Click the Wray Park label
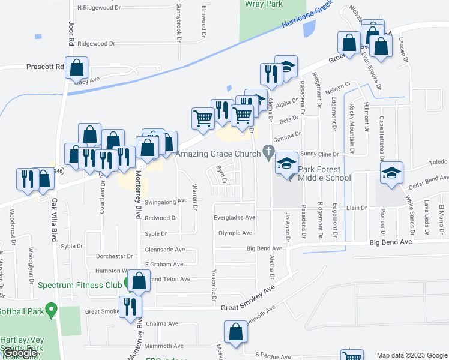(x=264, y=4)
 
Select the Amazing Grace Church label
(x=218, y=154)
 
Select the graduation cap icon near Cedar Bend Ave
(x=391, y=173)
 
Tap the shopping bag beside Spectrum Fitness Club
(x=139, y=281)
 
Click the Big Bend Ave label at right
(x=391, y=242)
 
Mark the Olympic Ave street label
(x=235, y=233)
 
